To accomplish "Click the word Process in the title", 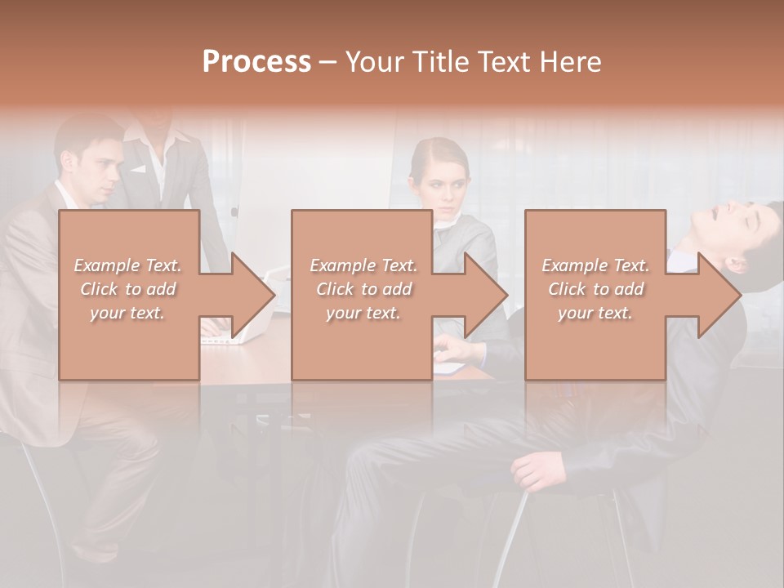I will (256, 62).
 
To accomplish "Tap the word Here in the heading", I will (572, 62).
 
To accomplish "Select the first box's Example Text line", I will (127, 265).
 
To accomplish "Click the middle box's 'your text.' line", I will (363, 313).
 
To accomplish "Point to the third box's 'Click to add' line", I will (595, 289).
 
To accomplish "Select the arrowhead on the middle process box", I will (485, 296).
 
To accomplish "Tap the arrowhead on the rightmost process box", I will (719, 296).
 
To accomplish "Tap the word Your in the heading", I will (372, 62).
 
